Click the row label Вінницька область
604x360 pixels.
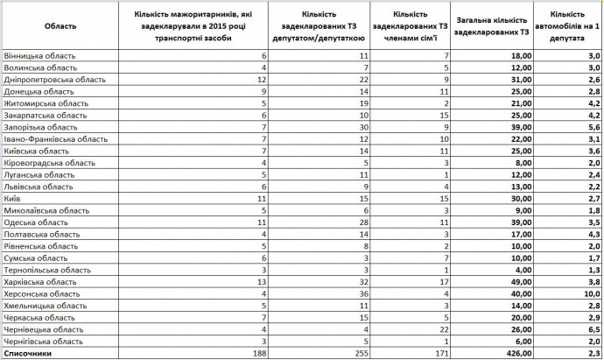coord(39,55)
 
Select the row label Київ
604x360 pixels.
coord(13,199)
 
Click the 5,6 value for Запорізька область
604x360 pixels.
coord(593,127)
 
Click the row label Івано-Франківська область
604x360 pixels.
coord(56,138)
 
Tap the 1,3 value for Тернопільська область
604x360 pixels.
coord(593,271)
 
